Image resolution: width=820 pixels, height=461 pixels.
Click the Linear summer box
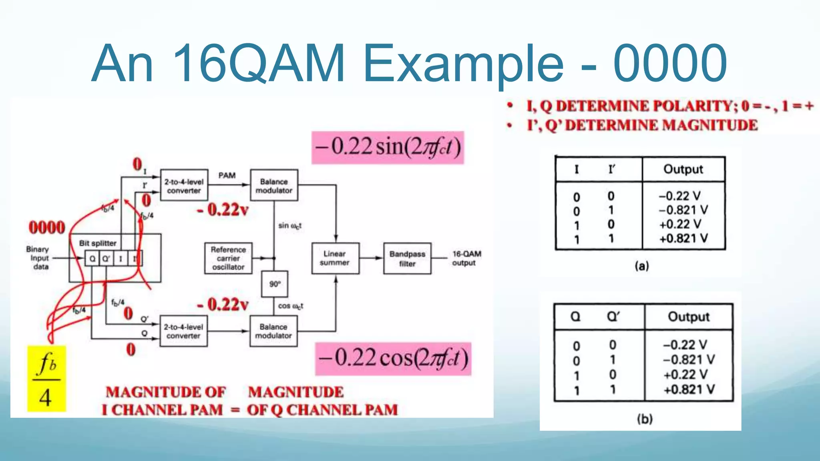click(335, 258)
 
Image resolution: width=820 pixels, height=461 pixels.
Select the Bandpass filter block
click(407, 259)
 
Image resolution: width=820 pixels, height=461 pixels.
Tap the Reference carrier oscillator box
click(228, 258)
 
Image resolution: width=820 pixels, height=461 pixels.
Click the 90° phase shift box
click(274, 284)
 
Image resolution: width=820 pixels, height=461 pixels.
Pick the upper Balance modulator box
click(274, 185)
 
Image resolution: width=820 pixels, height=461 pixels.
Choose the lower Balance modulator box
click(273, 331)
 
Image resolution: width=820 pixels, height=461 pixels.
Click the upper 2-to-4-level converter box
click(184, 185)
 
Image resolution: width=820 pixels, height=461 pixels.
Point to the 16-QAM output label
click(466, 258)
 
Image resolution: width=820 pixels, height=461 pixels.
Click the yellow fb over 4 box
click(46, 379)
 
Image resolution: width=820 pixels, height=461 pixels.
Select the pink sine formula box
click(388, 147)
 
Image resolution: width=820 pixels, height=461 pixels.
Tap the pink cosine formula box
click(393, 359)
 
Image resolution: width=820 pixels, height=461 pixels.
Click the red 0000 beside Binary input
click(47, 227)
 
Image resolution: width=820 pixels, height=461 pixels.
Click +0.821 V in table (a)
click(683, 239)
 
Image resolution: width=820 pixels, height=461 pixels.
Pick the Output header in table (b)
click(688, 317)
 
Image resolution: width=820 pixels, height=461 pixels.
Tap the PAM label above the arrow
click(227, 175)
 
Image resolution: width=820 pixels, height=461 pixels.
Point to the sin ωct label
click(290, 226)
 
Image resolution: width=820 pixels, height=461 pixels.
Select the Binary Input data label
click(38, 258)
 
